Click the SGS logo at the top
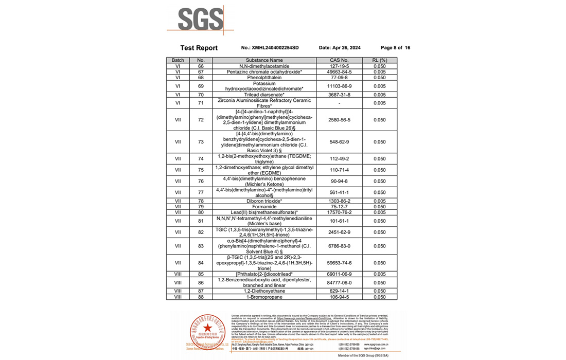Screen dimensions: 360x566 tap(201, 19)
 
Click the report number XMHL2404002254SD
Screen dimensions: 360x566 tap(270, 48)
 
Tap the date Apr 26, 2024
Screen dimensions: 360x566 tap(340, 48)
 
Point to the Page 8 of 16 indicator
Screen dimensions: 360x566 tap(395, 48)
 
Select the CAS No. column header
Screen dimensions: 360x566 tap(340, 61)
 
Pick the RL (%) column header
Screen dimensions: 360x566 tap(380, 61)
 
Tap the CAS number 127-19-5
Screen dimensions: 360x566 tap(340, 66)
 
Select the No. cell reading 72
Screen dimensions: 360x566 tap(201, 120)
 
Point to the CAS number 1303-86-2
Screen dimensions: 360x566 tap(340, 201)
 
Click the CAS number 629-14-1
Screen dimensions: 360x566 tap(340, 291)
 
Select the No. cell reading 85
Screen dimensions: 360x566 tap(201, 274)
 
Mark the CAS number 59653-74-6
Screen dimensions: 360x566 tap(340, 263)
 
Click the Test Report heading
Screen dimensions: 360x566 tap(199, 48)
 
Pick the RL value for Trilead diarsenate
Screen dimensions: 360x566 tap(380, 95)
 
